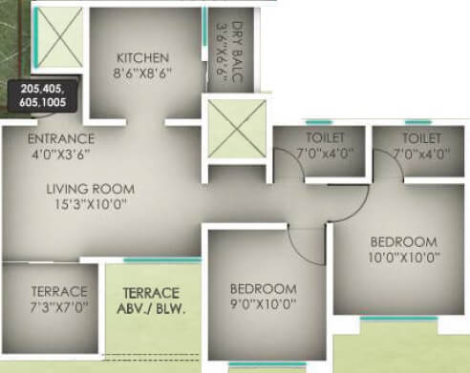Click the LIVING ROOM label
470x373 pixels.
(90, 188)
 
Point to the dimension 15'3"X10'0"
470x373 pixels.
(90, 203)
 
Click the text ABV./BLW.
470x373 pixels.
(152, 308)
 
